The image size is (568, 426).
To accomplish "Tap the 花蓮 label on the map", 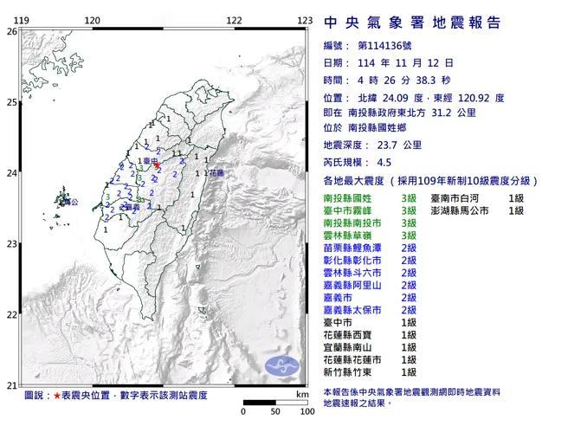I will click(216, 173).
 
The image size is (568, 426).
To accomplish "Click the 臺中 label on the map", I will click(149, 161).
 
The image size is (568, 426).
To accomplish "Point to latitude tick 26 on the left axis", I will click(11, 31).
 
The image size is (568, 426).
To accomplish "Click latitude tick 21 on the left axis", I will click(11, 386).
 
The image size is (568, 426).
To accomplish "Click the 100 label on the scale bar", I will click(307, 410).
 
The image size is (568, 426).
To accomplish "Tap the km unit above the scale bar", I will click(300, 395).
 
